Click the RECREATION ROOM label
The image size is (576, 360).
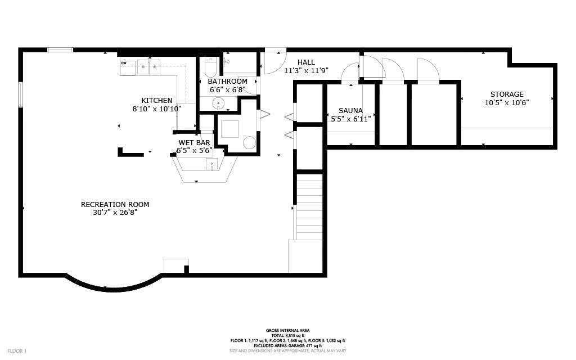(x=115, y=205)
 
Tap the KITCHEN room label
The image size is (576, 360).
(x=157, y=101)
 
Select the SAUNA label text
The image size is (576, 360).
(x=350, y=111)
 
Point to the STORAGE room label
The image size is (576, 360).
(x=507, y=94)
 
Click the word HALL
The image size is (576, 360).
(x=306, y=62)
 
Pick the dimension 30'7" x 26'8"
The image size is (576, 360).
(x=115, y=213)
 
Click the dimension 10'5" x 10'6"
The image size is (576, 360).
(x=507, y=103)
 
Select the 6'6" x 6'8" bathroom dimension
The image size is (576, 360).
(x=227, y=89)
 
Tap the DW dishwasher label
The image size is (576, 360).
(x=124, y=63)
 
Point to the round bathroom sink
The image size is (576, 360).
(x=219, y=103)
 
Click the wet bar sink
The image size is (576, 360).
(x=211, y=164)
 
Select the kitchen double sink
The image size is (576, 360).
(x=148, y=67)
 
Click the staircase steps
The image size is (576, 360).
(x=309, y=206)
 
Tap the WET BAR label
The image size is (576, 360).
(x=194, y=142)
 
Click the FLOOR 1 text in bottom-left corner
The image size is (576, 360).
(x=17, y=351)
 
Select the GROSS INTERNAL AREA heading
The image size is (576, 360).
(x=288, y=331)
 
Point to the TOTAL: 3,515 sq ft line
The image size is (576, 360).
(x=288, y=335)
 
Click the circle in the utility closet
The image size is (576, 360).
(x=249, y=143)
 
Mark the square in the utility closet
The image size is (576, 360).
(x=230, y=129)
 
